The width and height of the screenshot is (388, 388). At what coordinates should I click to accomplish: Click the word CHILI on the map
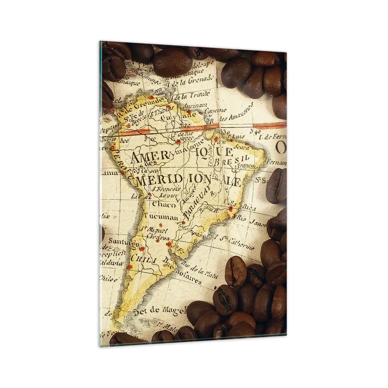[x=139, y=259]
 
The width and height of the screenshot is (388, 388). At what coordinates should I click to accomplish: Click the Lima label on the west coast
[x=107, y=173]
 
